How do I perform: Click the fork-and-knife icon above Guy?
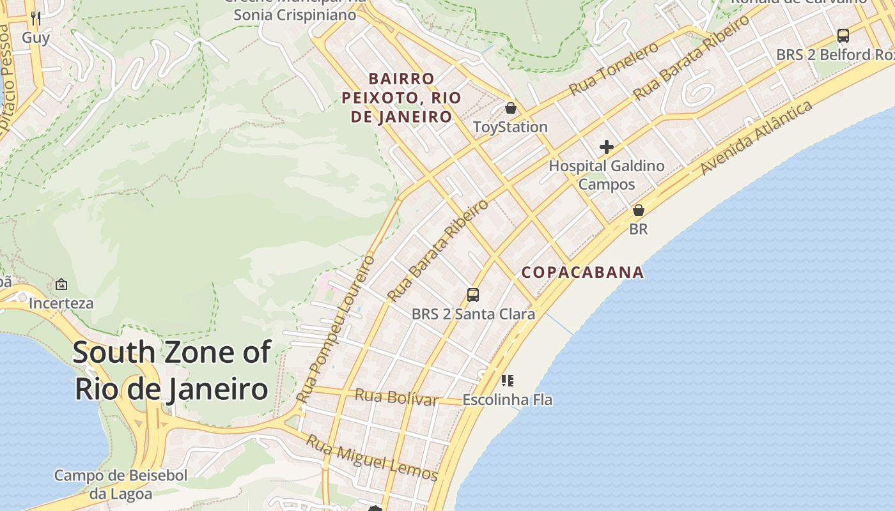click(36, 19)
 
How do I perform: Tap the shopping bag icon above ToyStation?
click(510, 108)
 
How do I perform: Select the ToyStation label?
click(510, 127)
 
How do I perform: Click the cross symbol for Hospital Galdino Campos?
click(606, 148)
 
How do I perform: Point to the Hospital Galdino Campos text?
click(606, 175)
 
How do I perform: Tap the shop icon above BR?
click(638, 210)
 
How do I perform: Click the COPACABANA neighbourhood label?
click(582, 273)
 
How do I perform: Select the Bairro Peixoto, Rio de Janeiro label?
click(401, 98)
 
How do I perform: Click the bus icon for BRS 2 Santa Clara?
click(473, 294)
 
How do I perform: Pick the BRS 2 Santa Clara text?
click(473, 314)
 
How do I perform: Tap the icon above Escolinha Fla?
click(508, 381)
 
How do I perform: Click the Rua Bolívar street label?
click(396, 397)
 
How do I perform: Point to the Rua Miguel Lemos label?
click(371, 458)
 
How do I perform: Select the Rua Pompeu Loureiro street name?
click(336, 329)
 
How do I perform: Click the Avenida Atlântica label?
click(756, 137)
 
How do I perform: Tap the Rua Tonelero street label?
click(613, 69)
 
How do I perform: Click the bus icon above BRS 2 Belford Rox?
click(843, 36)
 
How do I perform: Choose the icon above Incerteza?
click(61, 284)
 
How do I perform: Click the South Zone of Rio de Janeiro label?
click(171, 370)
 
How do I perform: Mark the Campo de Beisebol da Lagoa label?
click(121, 484)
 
